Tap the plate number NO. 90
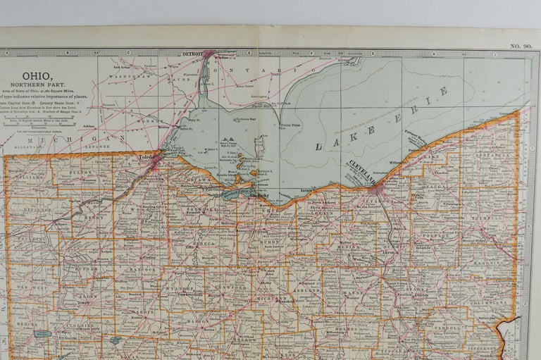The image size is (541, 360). coord(520,46)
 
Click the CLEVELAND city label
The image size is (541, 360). coord(361,173)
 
